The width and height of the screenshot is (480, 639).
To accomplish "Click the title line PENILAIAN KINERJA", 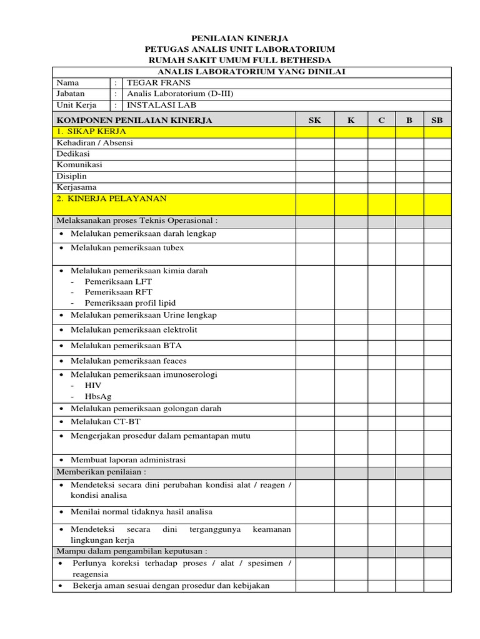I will point(239,38).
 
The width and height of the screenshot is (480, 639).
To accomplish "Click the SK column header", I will point(315,120).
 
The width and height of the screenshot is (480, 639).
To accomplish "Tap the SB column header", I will point(437,120).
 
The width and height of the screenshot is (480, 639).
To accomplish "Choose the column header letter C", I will point(381,120).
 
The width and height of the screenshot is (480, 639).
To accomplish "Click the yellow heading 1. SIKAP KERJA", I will point(91,132).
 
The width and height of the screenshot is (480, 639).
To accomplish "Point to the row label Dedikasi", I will point(73,154).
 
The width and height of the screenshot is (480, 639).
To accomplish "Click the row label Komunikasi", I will point(79,165).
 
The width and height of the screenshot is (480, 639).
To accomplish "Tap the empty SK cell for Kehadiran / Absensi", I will point(315,143).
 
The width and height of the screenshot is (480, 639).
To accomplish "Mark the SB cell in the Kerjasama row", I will point(437,187).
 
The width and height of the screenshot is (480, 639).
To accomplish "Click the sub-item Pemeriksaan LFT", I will point(118,281).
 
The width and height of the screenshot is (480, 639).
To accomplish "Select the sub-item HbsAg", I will point(98,396).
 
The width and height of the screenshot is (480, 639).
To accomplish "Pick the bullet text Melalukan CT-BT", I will point(105,422).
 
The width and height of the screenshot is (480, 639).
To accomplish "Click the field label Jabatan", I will point(70,94).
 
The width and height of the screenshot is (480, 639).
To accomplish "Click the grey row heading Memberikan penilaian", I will point(101,472).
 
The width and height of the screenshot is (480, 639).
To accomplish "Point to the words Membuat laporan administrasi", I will point(127,460).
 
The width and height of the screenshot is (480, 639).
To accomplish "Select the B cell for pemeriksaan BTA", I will point(409,346).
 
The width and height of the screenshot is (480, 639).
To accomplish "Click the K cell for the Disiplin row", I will point(351,176).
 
